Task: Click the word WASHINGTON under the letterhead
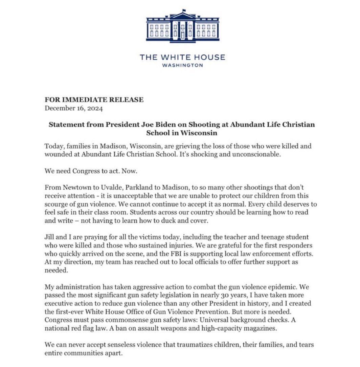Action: (182, 65)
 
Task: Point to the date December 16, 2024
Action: (74, 108)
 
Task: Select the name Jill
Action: (50, 238)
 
